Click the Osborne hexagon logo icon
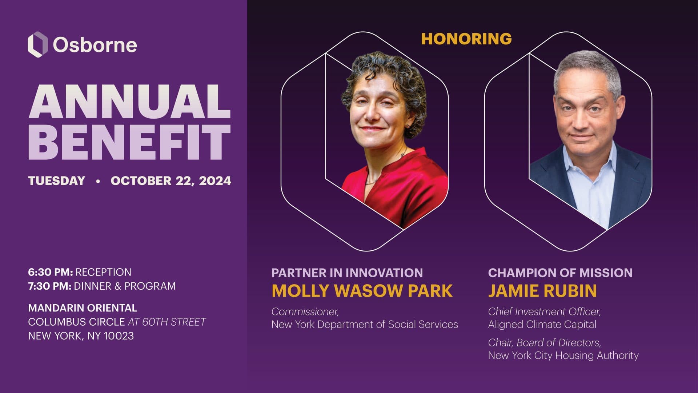tap(38, 44)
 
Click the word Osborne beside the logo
tap(95, 45)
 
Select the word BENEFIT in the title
tap(130, 142)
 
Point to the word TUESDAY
tap(57, 181)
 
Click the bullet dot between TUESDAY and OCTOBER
tap(98, 181)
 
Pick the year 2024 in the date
tap(215, 181)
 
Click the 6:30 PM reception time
tap(51, 272)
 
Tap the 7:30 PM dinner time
tap(50, 286)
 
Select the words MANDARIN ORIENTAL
tap(83, 308)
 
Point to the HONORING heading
tap(466, 39)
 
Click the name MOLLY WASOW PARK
tap(362, 291)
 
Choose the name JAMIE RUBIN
tap(542, 291)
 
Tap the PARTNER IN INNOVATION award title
tap(347, 273)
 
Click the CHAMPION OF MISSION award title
tap(560, 273)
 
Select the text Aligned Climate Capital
tap(542, 324)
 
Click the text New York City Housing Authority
tap(563, 355)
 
